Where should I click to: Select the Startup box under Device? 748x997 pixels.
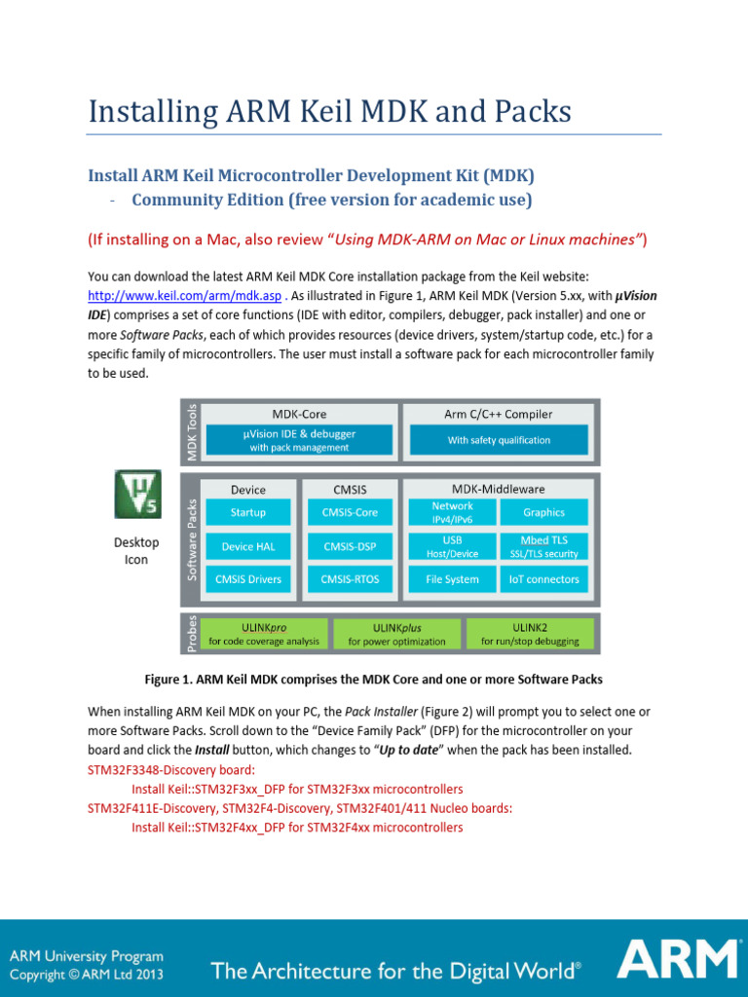[x=247, y=512]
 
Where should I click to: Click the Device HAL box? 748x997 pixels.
[x=247, y=546]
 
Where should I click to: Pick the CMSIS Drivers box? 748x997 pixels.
[x=247, y=579]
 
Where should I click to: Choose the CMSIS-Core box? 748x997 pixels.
[x=350, y=512]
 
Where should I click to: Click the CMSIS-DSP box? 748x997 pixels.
[x=350, y=546]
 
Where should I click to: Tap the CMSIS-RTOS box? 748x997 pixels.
[x=350, y=579]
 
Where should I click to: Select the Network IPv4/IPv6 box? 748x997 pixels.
[x=452, y=512]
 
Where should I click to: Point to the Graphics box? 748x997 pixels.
[x=543, y=512]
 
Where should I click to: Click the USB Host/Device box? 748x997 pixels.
[x=452, y=546]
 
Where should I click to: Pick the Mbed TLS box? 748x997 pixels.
[x=543, y=546]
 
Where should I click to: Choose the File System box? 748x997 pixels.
[x=452, y=579]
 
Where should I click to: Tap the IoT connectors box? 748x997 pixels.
[x=543, y=579]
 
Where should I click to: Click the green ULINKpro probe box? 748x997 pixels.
[x=264, y=634]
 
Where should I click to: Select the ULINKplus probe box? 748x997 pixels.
[x=396, y=634]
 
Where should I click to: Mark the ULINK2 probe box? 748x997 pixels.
[x=530, y=634]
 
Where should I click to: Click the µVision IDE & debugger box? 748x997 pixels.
[x=299, y=440]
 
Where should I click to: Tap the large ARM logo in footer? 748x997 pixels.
[x=676, y=958]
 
